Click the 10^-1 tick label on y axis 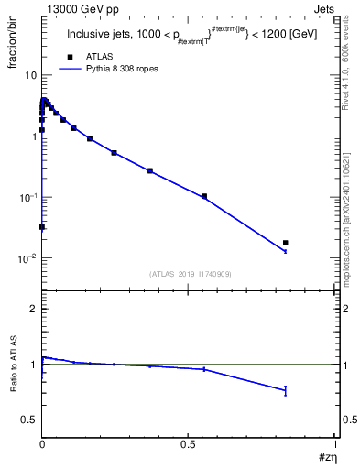point(27,197)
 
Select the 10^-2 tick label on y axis point(27,258)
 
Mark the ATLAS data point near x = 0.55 point(204,196)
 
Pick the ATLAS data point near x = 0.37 point(150,170)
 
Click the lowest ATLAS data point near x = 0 point(42,227)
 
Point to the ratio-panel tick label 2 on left point(33,310)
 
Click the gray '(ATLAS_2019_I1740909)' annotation point(189,274)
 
